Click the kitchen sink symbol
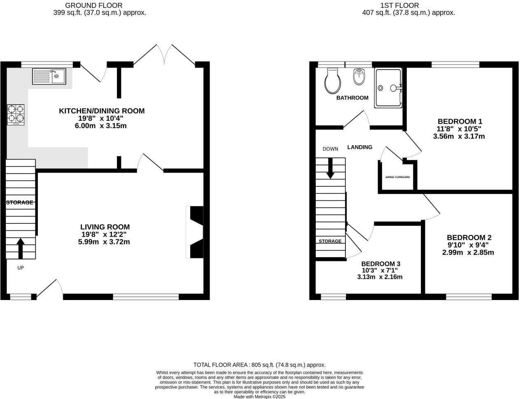click(x=49, y=76)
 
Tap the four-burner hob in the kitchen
click(x=16, y=115)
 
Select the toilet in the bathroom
click(x=332, y=81)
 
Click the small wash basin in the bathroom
click(x=359, y=77)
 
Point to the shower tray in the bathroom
click(x=387, y=88)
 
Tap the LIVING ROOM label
click(x=105, y=227)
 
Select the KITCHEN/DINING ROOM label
click(x=102, y=111)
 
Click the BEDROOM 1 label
click(x=459, y=122)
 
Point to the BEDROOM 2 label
click(x=469, y=238)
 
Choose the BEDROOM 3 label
click(x=380, y=264)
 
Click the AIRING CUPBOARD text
click(x=397, y=177)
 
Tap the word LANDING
click(x=359, y=147)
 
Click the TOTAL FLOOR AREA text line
click(x=259, y=365)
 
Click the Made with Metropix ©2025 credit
click(x=259, y=397)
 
